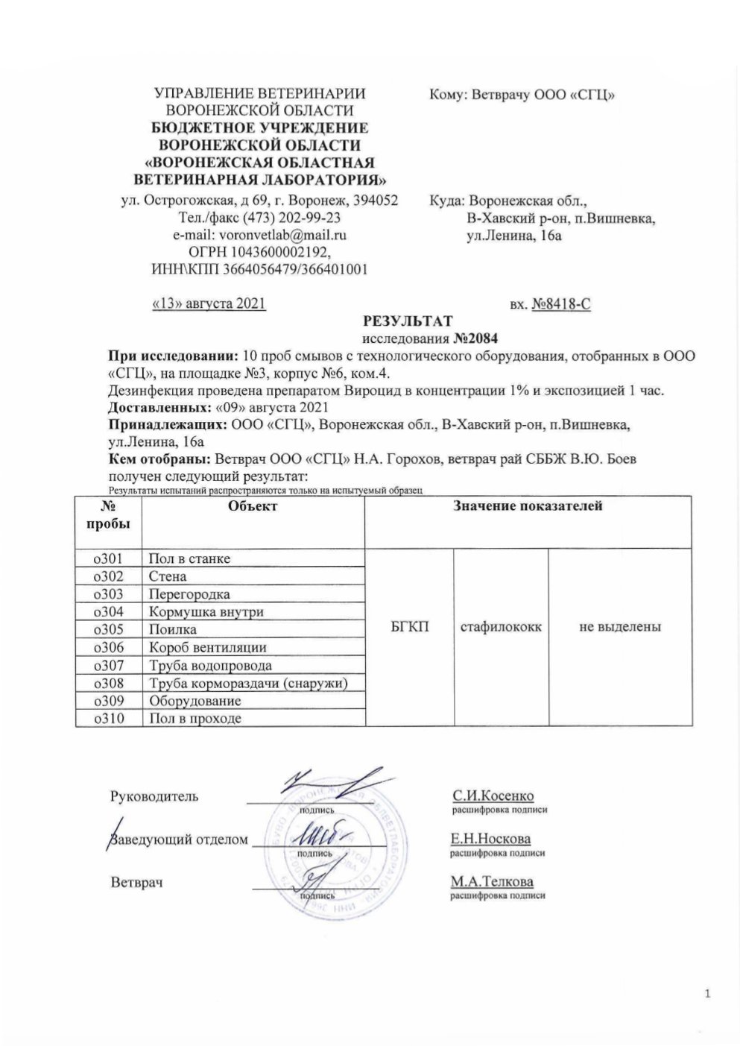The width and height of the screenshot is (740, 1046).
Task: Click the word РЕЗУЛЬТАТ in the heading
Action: [407, 321]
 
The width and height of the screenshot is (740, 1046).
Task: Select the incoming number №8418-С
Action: [561, 304]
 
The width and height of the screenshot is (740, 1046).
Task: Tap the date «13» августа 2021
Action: [209, 304]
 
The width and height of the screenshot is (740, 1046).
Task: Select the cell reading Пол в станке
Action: [189, 558]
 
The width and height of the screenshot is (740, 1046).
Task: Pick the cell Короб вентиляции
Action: [207, 648]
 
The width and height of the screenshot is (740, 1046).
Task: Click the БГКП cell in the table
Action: [409, 628]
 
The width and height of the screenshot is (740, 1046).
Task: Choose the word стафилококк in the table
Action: [501, 628]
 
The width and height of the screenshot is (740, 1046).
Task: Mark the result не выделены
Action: [620, 628]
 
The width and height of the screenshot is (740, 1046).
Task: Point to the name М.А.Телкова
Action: [492, 881]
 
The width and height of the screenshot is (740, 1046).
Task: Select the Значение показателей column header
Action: [528, 506]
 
